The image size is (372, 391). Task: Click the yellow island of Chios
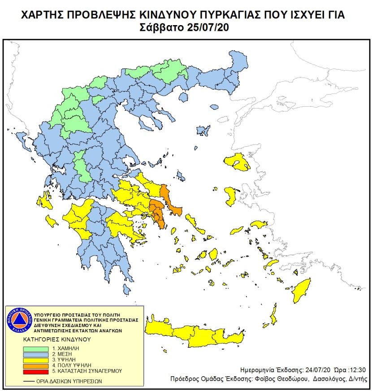click(x=231, y=195)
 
